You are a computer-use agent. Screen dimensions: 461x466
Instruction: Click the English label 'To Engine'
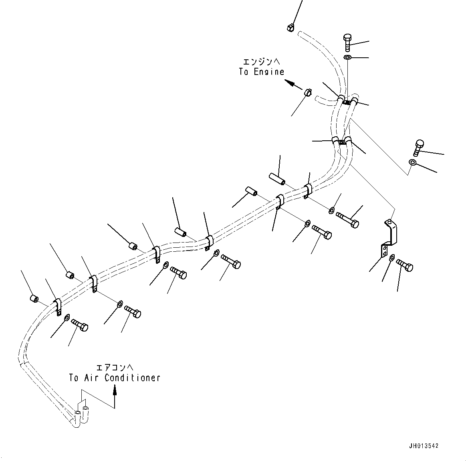pyautogui.click(x=261, y=72)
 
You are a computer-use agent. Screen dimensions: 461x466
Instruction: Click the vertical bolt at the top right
pyautogui.click(x=347, y=41)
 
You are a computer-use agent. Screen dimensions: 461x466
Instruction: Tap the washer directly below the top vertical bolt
pyautogui.click(x=347, y=58)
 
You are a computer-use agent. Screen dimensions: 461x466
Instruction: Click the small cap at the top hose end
pyautogui.click(x=290, y=27)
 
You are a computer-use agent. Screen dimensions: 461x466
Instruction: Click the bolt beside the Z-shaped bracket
pyautogui.click(x=405, y=265)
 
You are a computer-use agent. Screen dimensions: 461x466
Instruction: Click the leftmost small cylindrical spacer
pyautogui.click(x=34, y=298)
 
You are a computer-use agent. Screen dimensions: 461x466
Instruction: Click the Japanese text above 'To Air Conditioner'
pyautogui.click(x=114, y=367)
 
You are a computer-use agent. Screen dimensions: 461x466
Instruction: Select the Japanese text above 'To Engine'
pyautogui.click(x=261, y=61)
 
